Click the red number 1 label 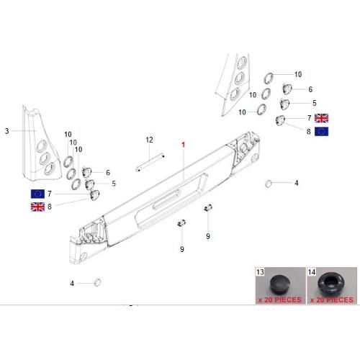point(184,145)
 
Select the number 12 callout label point(149,140)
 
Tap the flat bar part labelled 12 point(150,162)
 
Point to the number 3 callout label point(7,131)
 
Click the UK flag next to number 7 point(321,118)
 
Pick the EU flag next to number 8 point(321,132)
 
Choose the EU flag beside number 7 point(37,194)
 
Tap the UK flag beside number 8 point(37,207)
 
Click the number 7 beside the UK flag point(310,118)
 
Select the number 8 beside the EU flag point(309,132)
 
